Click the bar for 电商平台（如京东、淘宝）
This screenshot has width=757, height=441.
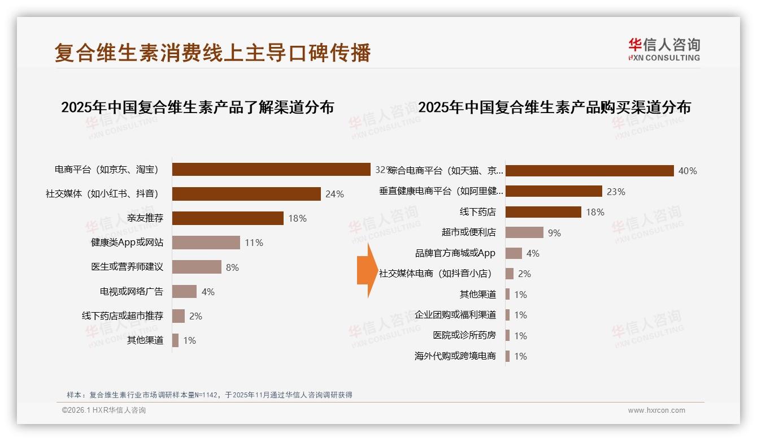pyautogui.click(x=271, y=169)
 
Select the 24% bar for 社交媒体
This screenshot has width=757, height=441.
pyautogui.click(x=246, y=194)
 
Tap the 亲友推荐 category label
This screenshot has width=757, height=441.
pyautogui.click(x=145, y=218)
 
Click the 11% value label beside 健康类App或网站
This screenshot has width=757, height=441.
pyautogui.click(x=254, y=243)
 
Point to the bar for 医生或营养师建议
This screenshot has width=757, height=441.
pyautogui.click(x=197, y=267)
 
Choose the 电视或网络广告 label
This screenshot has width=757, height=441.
pyautogui.click(x=132, y=292)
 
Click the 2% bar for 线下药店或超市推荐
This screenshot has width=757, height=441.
pyautogui.click(x=179, y=316)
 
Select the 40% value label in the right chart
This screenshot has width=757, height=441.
pyautogui.click(x=688, y=171)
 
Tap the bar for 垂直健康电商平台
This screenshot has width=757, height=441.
pyautogui.click(x=554, y=191)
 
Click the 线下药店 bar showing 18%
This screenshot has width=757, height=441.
pyautogui.click(x=543, y=212)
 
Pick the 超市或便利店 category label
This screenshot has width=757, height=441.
pyautogui.click(x=468, y=232)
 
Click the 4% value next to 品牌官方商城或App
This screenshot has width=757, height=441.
pyautogui.click(x=533, y=253)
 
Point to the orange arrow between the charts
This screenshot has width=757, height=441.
pyautogui.click(x=367, y=270)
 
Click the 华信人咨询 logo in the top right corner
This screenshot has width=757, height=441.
pyautogui.click(x=664, y=49)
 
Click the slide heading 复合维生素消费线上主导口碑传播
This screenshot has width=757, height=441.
pyautogui.click(x=213, y=53)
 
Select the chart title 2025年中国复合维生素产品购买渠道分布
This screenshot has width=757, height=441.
pyautogui.click(x=554, y=107)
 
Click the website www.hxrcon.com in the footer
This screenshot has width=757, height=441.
pyautogui.click(x=656, y=410)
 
